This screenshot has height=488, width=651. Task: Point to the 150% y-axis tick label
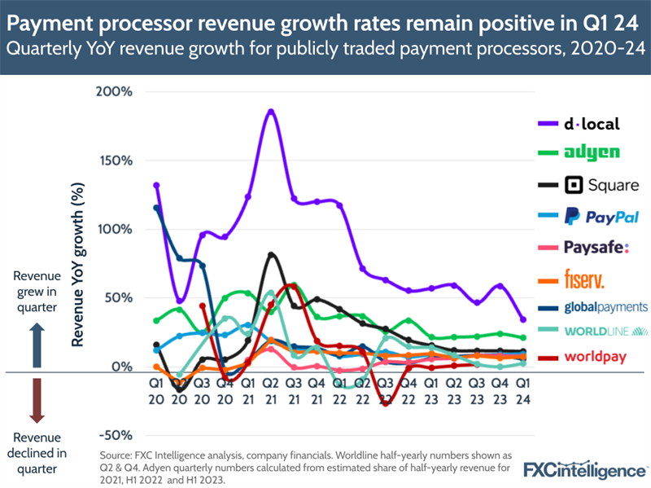[x=114, y=160]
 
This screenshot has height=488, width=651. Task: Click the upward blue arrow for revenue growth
[x=36, y=335]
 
